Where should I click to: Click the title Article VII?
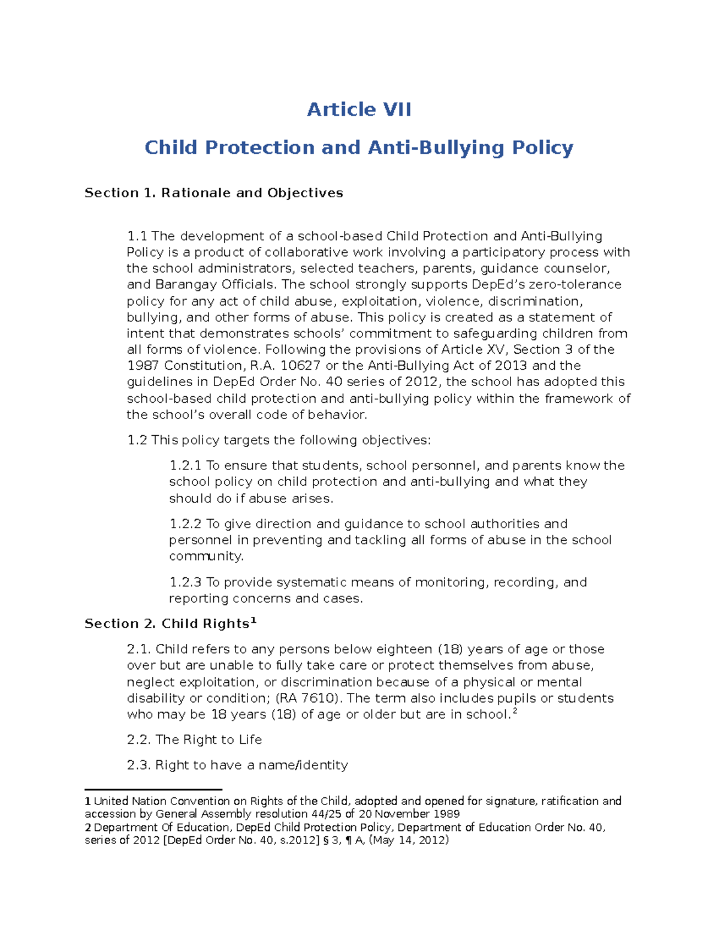(x=359, y=110)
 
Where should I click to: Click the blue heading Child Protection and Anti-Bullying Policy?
(x=359, y=147)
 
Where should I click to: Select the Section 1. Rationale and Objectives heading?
(x=213, y=193)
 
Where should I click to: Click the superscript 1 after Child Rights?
(x=253, y=620)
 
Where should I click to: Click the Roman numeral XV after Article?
(x=496, y=349)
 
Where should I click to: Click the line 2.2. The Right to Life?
(x=194, y=740)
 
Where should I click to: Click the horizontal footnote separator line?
(x=153, y=790)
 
